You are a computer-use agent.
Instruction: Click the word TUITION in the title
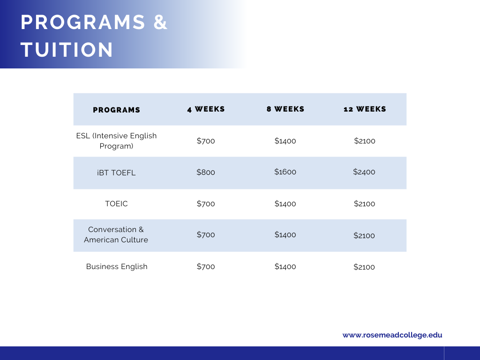[67, 50]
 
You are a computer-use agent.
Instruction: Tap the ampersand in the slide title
[160, 22]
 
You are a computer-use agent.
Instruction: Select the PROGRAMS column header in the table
[116, 110]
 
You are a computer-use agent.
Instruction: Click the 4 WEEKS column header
[206, 109]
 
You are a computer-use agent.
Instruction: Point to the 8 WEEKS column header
[285, 109]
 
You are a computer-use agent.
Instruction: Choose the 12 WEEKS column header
[365, 109]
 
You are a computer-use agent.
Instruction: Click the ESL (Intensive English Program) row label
[116, 141]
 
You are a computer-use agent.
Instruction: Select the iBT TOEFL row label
[116, 172]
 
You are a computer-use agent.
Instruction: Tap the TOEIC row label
[116, 203]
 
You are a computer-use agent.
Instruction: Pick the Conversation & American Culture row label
[116, 234]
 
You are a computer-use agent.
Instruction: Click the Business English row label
[117, 267]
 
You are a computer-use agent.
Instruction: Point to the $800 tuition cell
[206, 172]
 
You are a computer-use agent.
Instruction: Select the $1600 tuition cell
[285, 172]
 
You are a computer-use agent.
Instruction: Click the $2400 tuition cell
[364, 172]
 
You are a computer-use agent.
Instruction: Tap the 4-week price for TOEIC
[206, 203]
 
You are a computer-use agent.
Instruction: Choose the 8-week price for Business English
[285, 267]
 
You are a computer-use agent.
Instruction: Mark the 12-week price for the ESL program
[365, 141]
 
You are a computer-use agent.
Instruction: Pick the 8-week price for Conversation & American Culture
[285, 235]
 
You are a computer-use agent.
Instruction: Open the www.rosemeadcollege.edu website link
[392, 335]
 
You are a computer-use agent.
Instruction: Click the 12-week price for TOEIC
[364, 203]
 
